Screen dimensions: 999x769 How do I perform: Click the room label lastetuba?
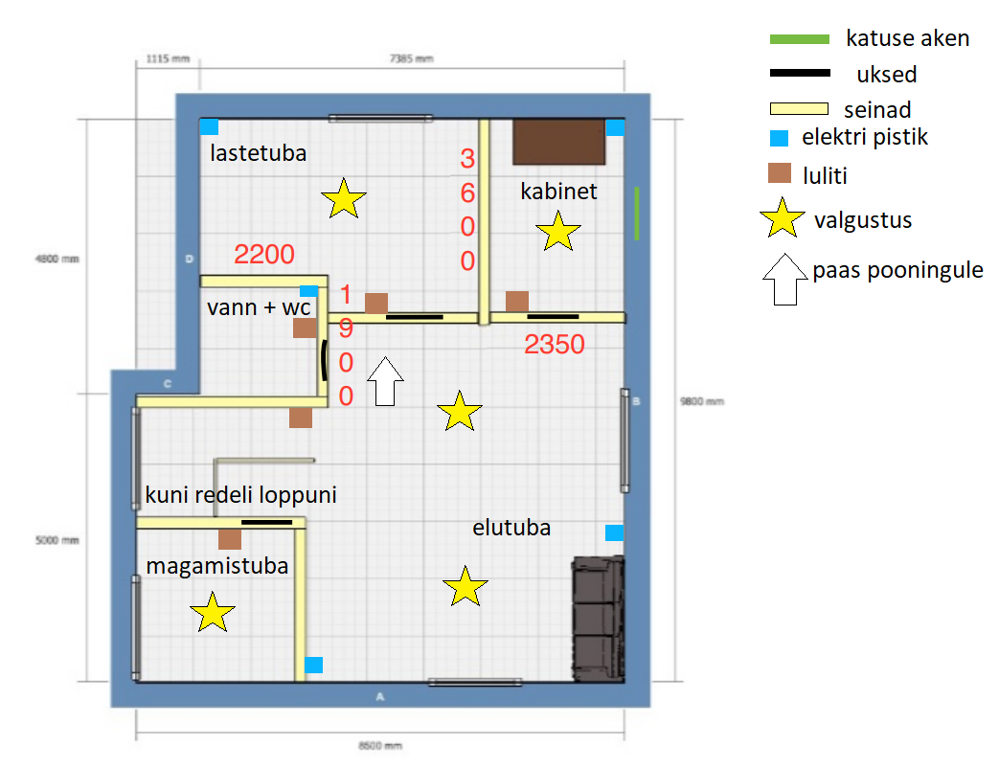258,153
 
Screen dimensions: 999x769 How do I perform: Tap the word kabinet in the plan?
558,192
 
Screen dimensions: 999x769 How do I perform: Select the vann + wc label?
259,307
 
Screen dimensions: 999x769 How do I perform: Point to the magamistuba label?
217,566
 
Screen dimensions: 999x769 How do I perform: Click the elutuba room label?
511,528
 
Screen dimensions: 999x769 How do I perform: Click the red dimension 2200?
263,254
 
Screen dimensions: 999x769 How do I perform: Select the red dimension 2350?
555,344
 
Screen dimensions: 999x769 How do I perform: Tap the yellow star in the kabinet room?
558,231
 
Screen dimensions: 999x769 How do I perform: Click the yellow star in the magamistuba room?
213,612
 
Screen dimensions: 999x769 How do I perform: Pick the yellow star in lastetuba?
344,198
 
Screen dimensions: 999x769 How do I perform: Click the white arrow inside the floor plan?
385,381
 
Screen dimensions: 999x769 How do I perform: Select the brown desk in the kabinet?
559,142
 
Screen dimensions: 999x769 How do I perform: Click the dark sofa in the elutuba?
599,619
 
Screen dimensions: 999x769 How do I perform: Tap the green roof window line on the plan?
637,214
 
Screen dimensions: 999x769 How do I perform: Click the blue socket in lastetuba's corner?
209,126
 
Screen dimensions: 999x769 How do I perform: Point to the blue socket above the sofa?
614,532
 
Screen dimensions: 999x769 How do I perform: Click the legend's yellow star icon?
783,218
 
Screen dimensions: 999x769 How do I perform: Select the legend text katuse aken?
907,38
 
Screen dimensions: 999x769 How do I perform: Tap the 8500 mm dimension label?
380,745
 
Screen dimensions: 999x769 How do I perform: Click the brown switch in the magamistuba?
230,539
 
